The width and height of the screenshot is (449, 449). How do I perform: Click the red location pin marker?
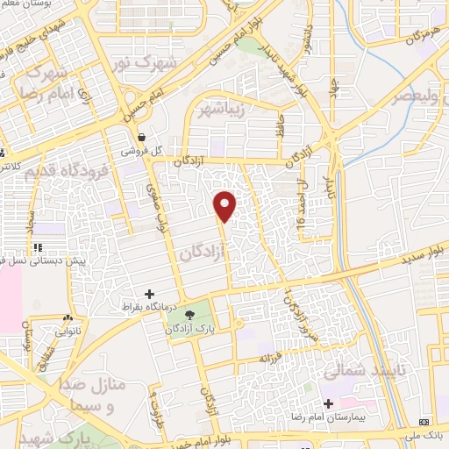pyautogui.click(x=225, y=206)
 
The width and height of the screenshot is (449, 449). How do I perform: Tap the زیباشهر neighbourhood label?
pyautogui.click(x=217, y=110)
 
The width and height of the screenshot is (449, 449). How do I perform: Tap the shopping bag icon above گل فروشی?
pyautogui.click(x=142, y=136)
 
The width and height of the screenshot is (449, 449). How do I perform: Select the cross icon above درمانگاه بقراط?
pyautogui.click(x=149, y=294)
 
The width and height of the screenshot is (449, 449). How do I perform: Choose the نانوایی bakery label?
pyautogui.click(x=68, y=332)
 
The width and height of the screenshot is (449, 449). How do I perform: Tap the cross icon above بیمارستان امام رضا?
pyautogui.click(x=328, y=405)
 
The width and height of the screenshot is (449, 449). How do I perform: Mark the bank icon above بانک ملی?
pyautogui.click(x=426, y=422)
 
